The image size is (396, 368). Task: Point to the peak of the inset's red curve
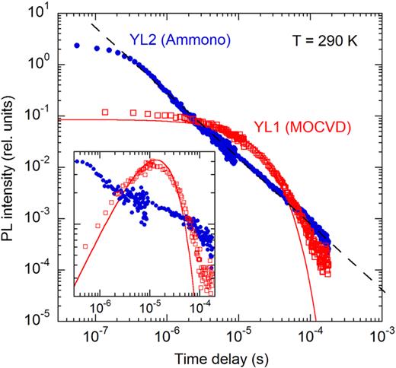(155, 161)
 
